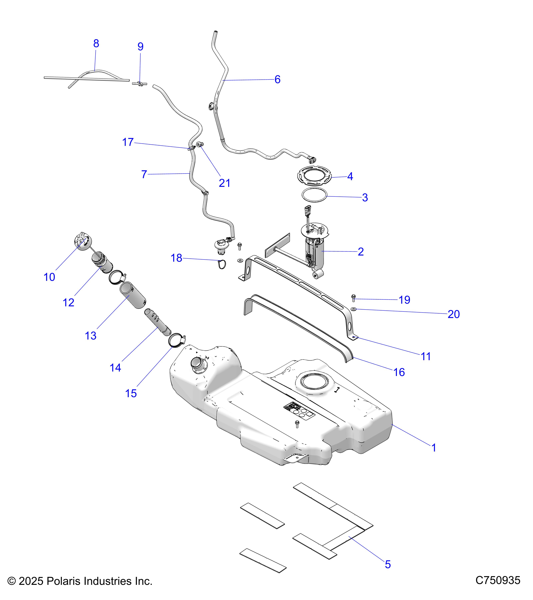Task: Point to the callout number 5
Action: (388, 564)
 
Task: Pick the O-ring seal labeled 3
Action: (314, 195)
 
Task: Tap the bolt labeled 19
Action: (353, 298)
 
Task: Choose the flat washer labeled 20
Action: (354, 309)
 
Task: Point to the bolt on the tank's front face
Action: (297, 423)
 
